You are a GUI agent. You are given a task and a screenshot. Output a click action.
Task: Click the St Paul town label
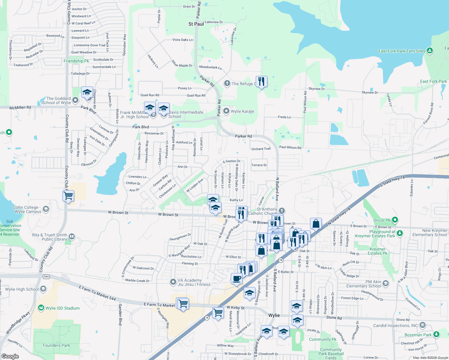196,24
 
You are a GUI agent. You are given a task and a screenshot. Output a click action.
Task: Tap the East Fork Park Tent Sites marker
430,51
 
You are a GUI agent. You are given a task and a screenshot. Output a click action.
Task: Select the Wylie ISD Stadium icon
41,308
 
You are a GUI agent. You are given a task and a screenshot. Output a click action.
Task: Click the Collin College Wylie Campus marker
46,209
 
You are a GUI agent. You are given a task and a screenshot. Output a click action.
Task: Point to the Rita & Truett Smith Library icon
72,237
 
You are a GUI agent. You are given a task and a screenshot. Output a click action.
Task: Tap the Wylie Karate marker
227,111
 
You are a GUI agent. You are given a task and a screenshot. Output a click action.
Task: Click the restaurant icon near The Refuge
261,81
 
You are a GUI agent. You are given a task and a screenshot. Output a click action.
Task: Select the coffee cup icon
237,278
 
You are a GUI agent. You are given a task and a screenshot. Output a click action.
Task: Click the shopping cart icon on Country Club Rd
68,196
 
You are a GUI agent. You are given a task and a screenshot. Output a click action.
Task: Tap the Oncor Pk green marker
395,220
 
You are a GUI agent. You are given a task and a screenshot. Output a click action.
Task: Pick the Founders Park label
56,345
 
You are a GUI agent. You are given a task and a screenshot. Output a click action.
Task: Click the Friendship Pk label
76,61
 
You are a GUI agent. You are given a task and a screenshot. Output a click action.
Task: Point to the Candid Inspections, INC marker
422,325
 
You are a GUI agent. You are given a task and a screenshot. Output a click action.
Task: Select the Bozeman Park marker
436,334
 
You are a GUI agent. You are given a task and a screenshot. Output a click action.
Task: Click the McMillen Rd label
20,107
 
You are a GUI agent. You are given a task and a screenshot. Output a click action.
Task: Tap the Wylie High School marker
43,289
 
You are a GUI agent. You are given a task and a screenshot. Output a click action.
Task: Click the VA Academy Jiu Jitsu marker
173,282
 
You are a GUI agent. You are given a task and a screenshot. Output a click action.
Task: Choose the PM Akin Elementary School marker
386,283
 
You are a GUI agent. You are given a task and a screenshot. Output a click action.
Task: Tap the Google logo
10,356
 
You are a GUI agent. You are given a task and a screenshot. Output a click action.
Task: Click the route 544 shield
46,276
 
